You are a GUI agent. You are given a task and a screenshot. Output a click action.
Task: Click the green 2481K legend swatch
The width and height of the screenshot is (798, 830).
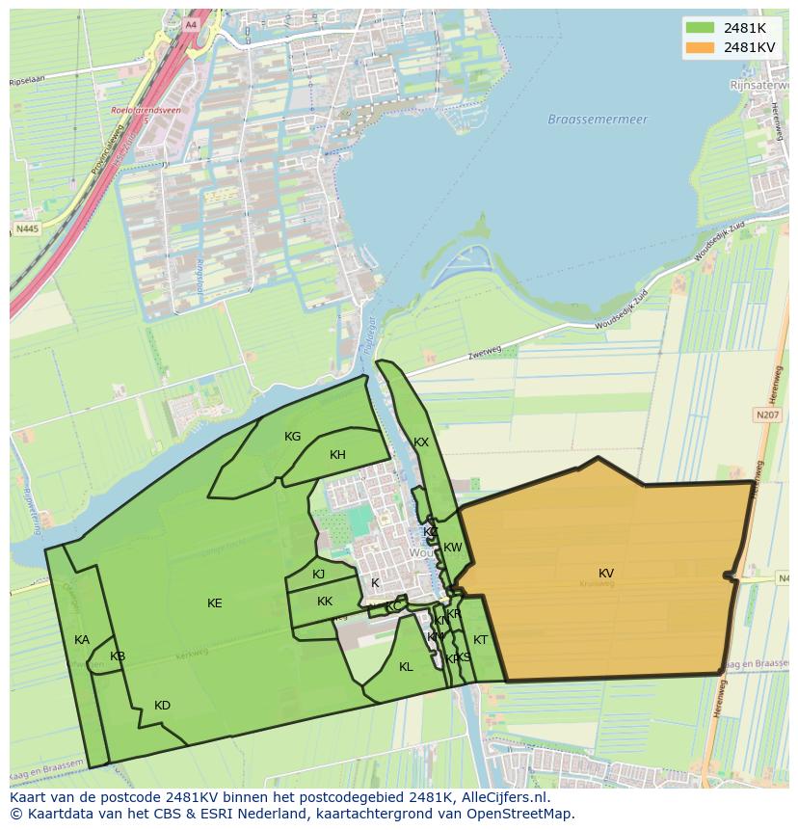tap(701, 28)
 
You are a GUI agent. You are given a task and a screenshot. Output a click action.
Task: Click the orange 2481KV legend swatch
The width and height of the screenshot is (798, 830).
tap(701, 47)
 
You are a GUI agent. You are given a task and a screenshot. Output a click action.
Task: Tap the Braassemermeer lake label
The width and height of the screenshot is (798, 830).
tap(598, 120)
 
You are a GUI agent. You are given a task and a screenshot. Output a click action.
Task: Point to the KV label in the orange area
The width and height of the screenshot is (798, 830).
tap(605, 574)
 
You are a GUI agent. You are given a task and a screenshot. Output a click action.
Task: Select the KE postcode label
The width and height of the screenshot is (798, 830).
tap(215, 603)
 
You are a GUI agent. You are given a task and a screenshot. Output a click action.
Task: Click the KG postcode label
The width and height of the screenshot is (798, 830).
tap(293, 437)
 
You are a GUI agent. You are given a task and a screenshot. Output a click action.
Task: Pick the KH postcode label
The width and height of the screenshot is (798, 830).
tap(337, 455)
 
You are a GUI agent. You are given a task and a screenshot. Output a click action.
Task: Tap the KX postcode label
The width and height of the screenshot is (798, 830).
tap(421, 442)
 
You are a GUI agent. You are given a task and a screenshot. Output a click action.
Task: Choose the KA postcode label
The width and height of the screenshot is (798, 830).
tap(82, 640)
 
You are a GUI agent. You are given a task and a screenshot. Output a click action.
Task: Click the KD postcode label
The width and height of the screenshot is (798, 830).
tap(162, 706)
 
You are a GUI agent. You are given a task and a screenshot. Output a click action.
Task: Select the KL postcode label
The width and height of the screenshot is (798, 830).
tap(406, 667)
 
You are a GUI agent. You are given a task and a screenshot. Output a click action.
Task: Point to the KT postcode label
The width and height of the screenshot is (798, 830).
tap(480, 640)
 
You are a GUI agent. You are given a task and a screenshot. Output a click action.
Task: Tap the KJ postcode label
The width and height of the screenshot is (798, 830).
tap(319, 575)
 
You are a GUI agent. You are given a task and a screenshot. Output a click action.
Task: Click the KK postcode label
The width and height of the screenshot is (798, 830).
tap(325, 602)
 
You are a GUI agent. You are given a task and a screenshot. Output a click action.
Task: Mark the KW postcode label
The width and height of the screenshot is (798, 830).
tap(452, 548)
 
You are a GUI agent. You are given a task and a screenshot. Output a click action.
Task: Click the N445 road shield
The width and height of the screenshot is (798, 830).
tap(27, 229)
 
